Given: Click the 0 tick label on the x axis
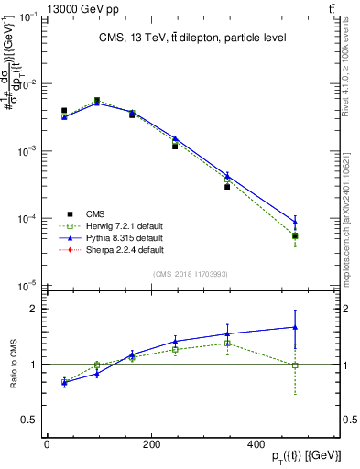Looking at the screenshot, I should (x=47, y=442).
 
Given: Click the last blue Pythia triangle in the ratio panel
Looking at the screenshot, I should (x=295, y=326).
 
